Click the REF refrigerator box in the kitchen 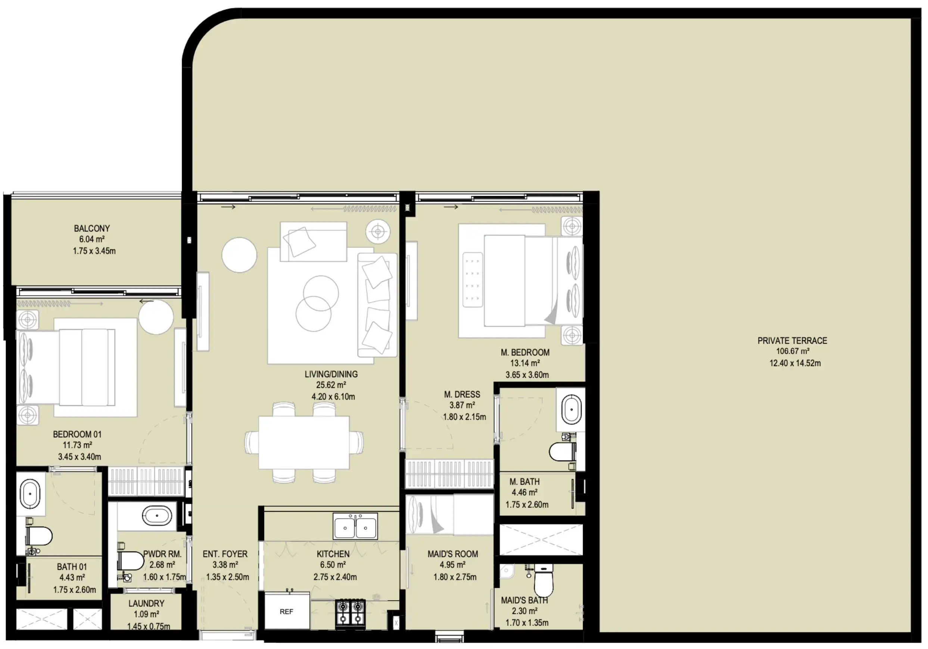pyautogui.click(x=287, y=611)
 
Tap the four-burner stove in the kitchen pyautogui.click(x=350, y=613)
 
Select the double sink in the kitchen pyautogui.click(x=355, y=527)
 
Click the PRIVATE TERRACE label pyautogui.click(x=792, y=341)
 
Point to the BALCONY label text pyautogui.click(x=92, y=229)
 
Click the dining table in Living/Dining pyautogui.click(x=303, y=442)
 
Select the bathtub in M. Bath pyautogui.click(x=571, y=410)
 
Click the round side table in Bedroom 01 pyautogui.click(x=156, y=317)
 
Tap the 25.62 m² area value pyautogui.click(x=331, y=385)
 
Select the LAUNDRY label pyautogui.click(x=146, y=603)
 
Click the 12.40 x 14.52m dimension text pyautogui.click(x=795, y=363)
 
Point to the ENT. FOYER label pyautogui.click(x=225, y=554)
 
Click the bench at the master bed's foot pyautogui.click(x=473, y=279)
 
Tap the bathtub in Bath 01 pyautogui.click(x=30, y=494)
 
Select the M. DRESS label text pyautogui.click(x=462, y=394)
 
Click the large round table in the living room pyautogui.click(x=239, y=255)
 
